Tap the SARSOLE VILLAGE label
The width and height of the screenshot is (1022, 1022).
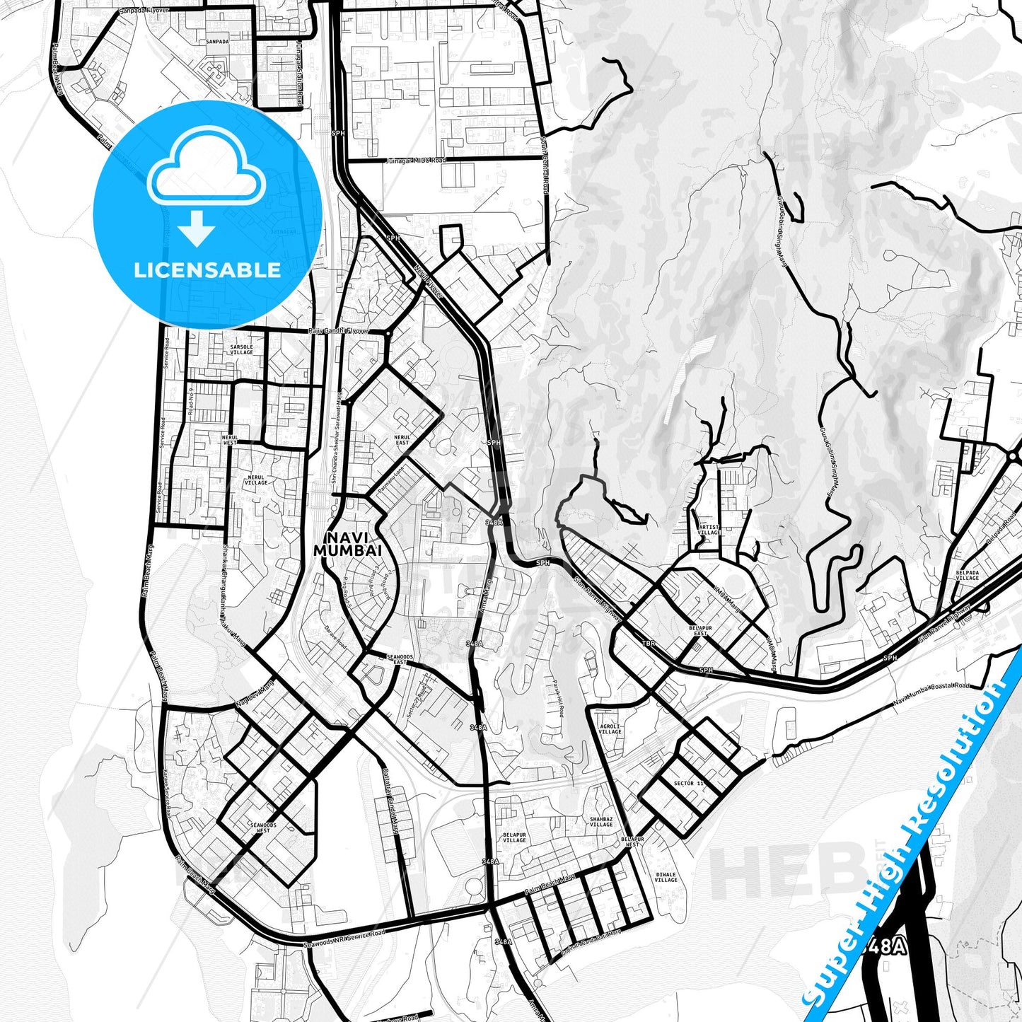[x=241, y=349]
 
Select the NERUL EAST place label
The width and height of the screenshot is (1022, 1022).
[x=402, y=439]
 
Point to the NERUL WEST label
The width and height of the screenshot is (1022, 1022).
[x=230, y=439]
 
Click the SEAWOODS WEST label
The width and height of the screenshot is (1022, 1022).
[x=263, y=828]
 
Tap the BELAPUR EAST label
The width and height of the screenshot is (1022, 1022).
[x=700, y=630]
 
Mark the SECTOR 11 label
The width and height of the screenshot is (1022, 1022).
[x=688, y=784]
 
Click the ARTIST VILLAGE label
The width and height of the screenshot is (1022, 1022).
[x=709, y=530]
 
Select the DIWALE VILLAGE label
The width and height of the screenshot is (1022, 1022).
[x=666, y=877]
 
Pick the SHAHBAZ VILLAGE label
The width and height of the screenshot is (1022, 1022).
[x=601, y=822]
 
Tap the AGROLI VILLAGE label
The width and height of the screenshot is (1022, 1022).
[x=610, y=728]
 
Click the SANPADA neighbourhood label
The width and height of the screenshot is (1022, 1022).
[x=217, y=42]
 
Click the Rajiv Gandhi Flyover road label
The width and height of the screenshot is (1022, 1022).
[x=338, y=331]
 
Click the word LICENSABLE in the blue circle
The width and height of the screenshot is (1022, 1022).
[x=207, y=270]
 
